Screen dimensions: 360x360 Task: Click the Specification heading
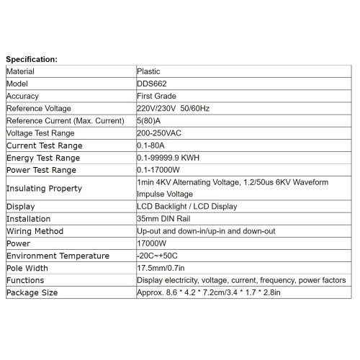click(x=37, y=58)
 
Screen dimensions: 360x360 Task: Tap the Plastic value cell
click(x=149, y=71)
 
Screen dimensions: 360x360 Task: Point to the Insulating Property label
click(x=43, y=188)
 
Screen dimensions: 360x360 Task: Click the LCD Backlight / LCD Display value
click(x=187, y=206)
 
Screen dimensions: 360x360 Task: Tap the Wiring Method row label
click(x=35, y=230)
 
